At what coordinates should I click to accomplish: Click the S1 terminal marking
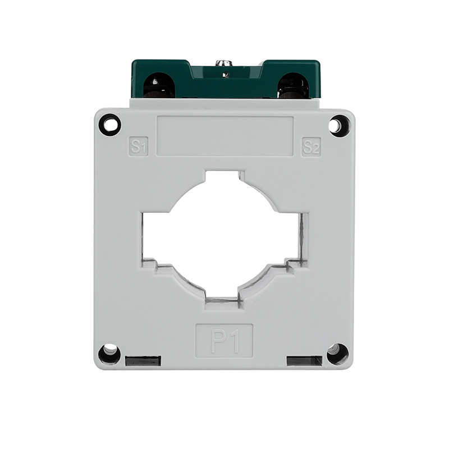138,146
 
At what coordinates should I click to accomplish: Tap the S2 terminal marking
311,147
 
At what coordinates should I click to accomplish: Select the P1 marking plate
224,341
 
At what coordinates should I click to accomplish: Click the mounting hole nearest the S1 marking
110,125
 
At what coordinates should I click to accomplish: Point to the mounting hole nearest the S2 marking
339,125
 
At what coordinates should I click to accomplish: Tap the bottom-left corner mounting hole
109,354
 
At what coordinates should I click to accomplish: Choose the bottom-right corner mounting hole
338,354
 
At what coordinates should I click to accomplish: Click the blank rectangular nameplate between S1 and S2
225,136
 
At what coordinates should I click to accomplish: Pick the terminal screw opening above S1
159,85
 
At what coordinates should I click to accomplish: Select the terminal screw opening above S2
293,85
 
